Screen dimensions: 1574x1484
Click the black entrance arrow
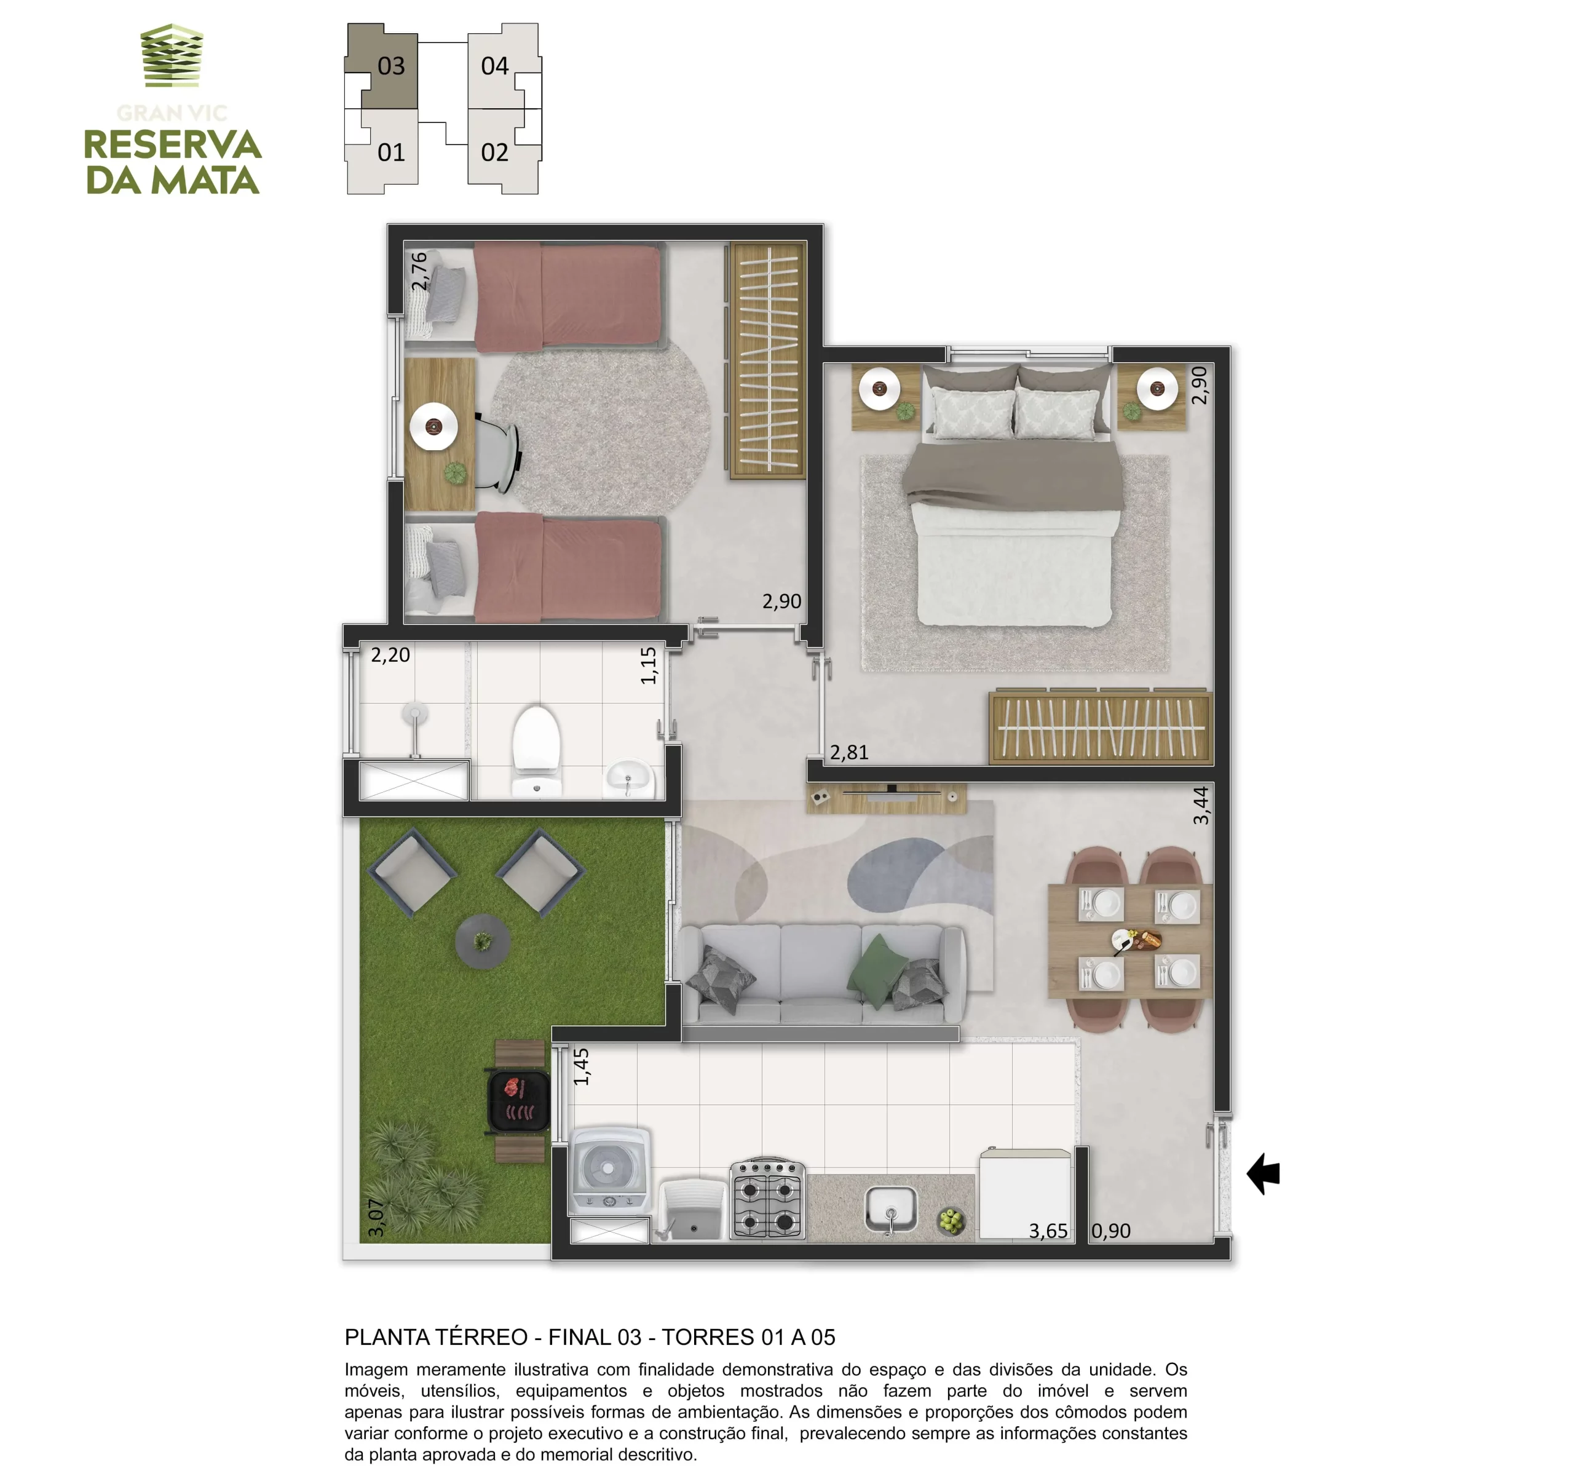click(x=1263, y=1173)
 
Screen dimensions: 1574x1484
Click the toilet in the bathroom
click(x=536, y=749)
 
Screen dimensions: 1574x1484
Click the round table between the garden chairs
click(x=482, y=941)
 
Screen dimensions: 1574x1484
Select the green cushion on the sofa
click(x=877, y=964)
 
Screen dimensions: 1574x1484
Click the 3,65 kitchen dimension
click(x=1048, y=1231)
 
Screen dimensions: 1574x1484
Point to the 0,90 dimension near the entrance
click(x=1111, y=1231)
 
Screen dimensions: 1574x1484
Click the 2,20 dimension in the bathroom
click(x=390, y=655)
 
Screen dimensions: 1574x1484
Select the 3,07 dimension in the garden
click(x=376, y=1217)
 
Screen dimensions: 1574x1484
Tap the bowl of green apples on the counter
click(x=951, y=1221)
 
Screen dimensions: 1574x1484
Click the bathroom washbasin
click(x=630, y=777)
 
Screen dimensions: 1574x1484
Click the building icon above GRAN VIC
click(x=172, y=55)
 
